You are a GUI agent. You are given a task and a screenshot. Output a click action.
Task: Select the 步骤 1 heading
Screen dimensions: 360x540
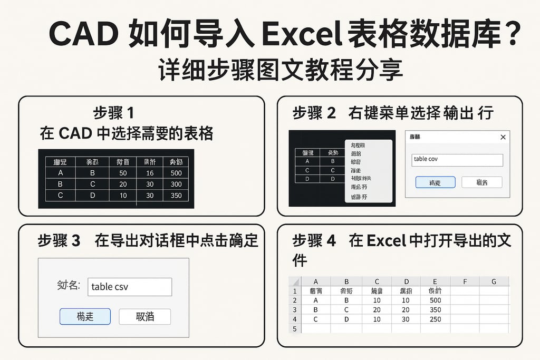tap(113, 113)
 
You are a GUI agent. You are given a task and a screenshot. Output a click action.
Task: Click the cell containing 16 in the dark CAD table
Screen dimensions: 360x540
tap(150, 173)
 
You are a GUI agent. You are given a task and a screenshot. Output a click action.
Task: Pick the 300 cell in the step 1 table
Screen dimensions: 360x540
tap(176, 184)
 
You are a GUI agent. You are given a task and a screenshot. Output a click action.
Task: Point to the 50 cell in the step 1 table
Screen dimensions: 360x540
tap(123, 173)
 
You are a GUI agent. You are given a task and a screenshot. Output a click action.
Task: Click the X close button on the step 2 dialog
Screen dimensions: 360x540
tap(503, 137)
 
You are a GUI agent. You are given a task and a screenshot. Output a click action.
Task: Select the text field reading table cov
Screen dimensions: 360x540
tap(457, 160)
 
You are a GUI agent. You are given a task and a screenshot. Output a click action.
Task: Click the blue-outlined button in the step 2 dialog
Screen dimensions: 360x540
tap(435, 182)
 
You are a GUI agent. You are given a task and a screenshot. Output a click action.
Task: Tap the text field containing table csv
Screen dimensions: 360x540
tap(129, 287)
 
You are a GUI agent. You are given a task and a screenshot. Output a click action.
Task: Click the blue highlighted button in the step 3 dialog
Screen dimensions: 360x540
tap(85, 316)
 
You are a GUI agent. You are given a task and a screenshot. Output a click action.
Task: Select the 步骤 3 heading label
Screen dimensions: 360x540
tap(59, 241)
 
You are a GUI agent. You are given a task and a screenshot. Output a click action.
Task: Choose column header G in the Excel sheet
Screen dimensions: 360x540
tap(494, 281)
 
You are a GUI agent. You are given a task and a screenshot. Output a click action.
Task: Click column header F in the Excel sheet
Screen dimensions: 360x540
tap(465, 281)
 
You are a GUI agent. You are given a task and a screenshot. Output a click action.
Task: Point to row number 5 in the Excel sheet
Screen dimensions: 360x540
tap(294, 329)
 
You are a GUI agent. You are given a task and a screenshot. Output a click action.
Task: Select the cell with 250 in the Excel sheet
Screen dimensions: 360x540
tap(435, 319)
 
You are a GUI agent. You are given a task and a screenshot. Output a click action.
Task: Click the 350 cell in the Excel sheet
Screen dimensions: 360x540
tap(435, 310)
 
